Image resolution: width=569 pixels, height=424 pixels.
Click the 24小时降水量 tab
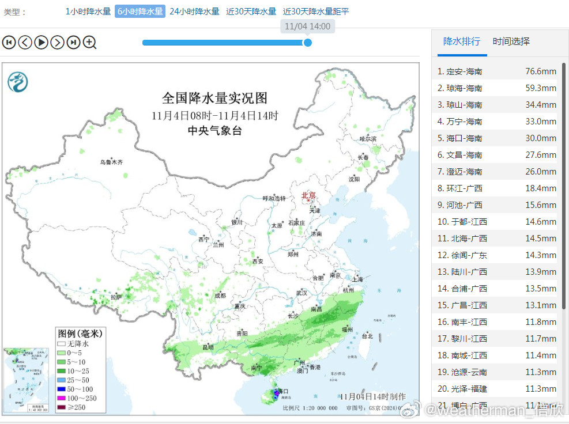[x=194, y=12]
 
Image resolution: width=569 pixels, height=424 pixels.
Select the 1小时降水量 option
[x=88, y=12]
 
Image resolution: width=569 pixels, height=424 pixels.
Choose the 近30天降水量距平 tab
[x=316, y=12]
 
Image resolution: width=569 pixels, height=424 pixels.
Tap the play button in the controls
[x=41, y=42]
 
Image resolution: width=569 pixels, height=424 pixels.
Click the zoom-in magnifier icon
[x=89, y=42]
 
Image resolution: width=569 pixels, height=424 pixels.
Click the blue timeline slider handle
[x=308, y=42]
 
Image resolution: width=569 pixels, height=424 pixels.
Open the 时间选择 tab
[x=511, y=41]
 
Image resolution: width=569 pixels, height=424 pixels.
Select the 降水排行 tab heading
[x=461, y=41]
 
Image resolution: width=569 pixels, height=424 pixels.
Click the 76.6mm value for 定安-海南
[x=540, y=71]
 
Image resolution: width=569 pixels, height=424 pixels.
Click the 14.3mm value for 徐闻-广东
[x=540, y=255]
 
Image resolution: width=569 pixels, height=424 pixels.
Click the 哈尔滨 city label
[x=367, y=139]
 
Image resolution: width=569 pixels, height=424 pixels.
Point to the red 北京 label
[x=309, y=195]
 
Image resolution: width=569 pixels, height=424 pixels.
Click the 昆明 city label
[x=208, y=347]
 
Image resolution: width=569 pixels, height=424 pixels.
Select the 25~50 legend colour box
[x=61, y=381]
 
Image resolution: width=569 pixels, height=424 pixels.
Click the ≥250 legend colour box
[x=61, y=408]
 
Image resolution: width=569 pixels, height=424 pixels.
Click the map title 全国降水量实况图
[x=214, y=98]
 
